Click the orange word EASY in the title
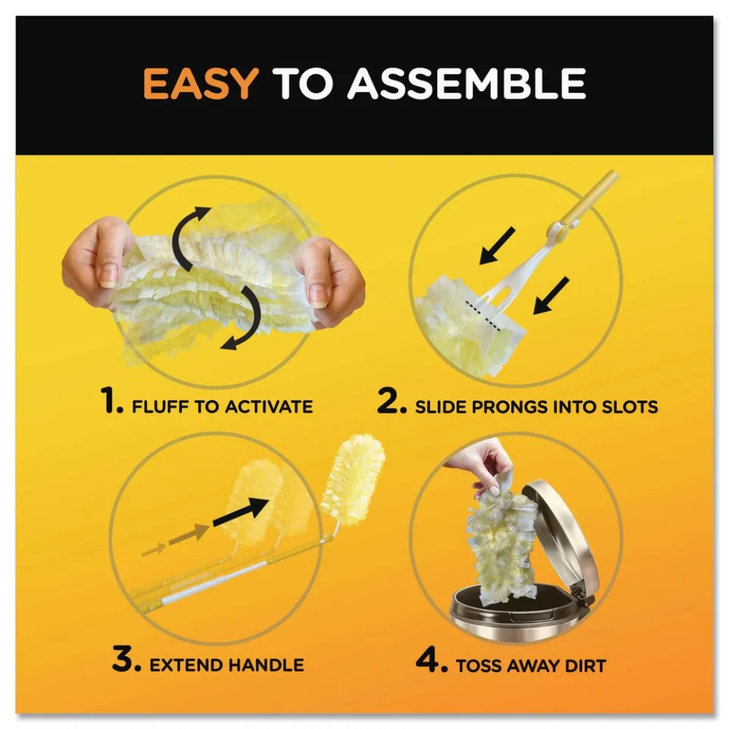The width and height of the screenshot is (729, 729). (200, 84)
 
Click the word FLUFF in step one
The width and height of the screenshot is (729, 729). (161, 406)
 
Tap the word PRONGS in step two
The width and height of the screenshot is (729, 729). (503, 406)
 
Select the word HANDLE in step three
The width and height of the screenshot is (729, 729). (266, 665)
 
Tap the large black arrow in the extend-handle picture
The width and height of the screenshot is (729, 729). (241, 510)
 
